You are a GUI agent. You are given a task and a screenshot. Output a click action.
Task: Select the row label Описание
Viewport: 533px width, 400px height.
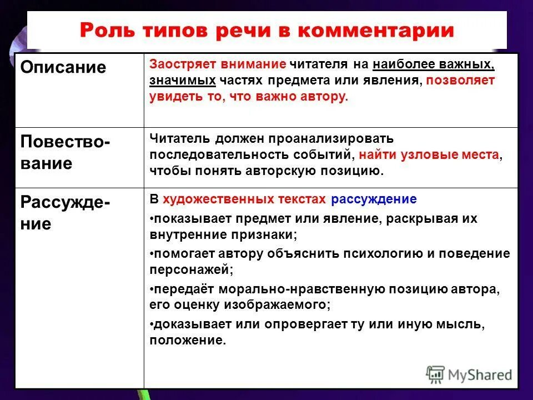(x=63, y=67)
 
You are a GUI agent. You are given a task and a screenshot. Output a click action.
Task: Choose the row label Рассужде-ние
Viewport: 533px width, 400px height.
(x=65, y=213)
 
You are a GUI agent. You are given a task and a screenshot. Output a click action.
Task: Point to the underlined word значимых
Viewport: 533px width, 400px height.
(x=182, y=81)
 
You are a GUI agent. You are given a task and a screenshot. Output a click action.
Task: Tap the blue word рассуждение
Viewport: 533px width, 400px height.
(x=373, y=199)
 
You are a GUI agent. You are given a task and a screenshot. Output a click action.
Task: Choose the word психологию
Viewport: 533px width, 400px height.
(x=355, y=253)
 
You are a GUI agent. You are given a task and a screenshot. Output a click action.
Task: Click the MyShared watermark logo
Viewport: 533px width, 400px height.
(x=469, y=374)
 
